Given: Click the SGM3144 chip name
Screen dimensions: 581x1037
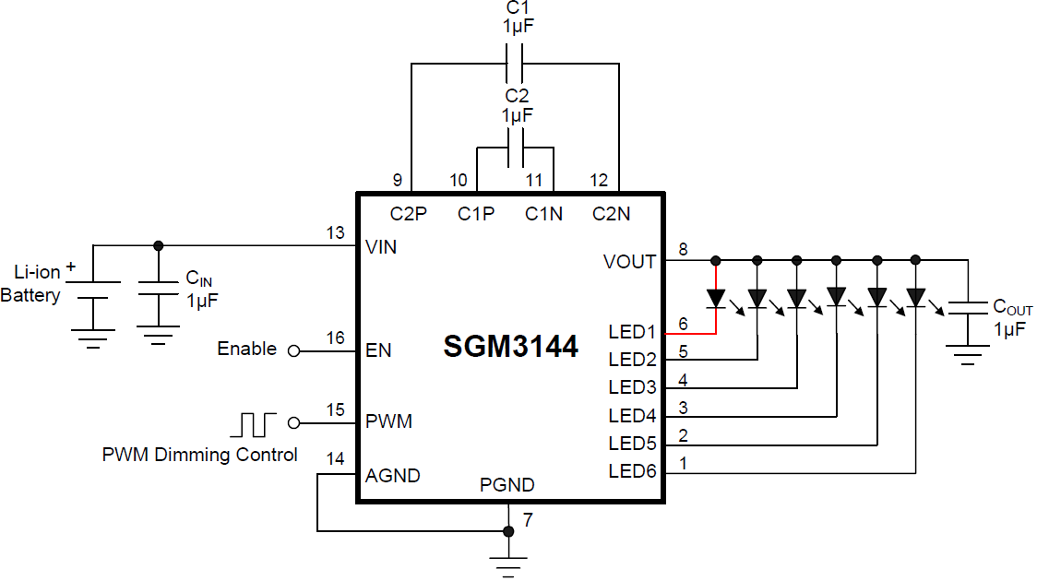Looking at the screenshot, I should (x=510, y=347).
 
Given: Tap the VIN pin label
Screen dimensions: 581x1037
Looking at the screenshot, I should (x=382, y=247).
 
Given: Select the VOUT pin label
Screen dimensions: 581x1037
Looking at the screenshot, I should (x=629, y=262).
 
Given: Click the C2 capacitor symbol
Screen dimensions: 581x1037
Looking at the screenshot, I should (x=517, y=148).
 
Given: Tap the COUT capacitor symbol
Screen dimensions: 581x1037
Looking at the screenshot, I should (x=968, y=306).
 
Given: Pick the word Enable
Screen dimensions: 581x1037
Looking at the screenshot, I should (x=246, y=349).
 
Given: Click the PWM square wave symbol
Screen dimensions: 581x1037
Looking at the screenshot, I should (x=254, y=424).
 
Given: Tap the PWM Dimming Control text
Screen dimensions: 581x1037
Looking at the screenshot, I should (x=200, y=455).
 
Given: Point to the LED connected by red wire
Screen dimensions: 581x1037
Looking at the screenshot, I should (x=717, y=298).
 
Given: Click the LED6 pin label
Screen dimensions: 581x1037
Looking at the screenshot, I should (x=632, y=472).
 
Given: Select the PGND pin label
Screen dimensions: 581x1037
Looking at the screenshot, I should (x=507, y=485).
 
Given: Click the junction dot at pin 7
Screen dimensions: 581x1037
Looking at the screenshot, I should (x=507, y=531).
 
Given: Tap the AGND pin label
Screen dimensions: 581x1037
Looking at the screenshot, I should (x=393, y=476).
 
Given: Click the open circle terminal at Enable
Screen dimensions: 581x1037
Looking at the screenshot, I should (x=294, y=350).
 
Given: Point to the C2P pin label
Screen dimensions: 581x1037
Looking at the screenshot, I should (x=408, y=214).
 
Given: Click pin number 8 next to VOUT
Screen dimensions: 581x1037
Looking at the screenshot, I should (x=683, y=248).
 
